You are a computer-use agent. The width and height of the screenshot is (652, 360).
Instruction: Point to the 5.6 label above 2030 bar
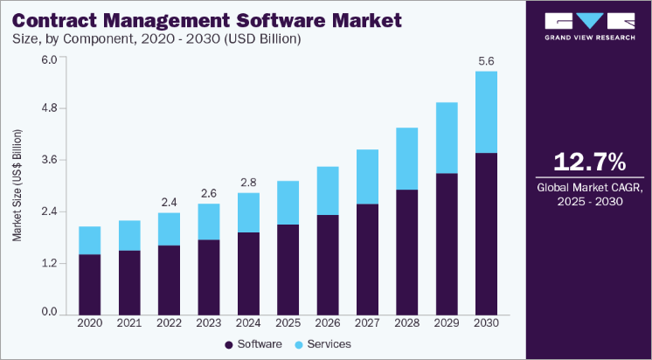(x=485, y=62)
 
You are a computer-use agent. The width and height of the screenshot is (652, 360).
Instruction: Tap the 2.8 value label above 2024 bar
(x=249, y=183)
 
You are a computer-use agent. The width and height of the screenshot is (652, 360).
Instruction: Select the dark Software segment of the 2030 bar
(x=485, y=233)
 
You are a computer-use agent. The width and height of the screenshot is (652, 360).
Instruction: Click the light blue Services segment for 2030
(x=485, y=112)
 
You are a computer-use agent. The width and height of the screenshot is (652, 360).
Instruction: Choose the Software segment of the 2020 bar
(x=90, y=284)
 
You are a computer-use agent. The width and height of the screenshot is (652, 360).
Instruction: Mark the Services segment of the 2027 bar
(x=366, y=177)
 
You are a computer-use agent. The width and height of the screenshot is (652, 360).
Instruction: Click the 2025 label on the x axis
(x=288, y=323)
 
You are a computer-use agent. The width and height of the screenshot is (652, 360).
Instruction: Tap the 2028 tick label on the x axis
(x=406, y=323)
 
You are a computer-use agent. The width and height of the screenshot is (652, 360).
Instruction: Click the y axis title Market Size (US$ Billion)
(x=17, y=185)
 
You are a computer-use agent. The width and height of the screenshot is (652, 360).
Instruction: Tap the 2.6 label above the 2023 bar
(x=209, y=193)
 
